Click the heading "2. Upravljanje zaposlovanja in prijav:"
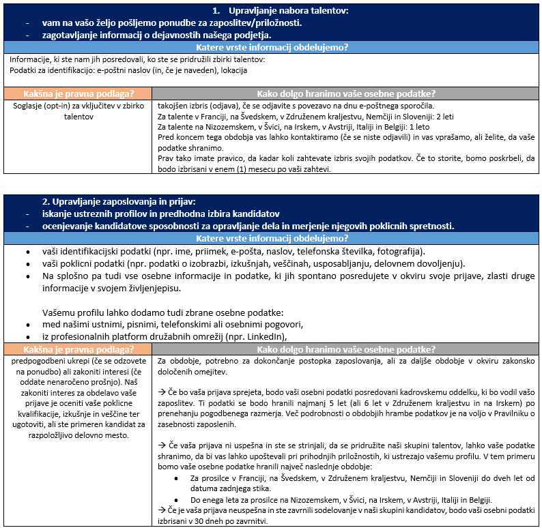coord(119,202)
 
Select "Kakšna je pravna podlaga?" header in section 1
coord(77,93)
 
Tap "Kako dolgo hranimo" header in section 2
coord(345,348)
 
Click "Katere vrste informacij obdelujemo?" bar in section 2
coord(271,239)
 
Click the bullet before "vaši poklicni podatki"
coord(27,264)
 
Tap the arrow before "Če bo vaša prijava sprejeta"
coord(162,393)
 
